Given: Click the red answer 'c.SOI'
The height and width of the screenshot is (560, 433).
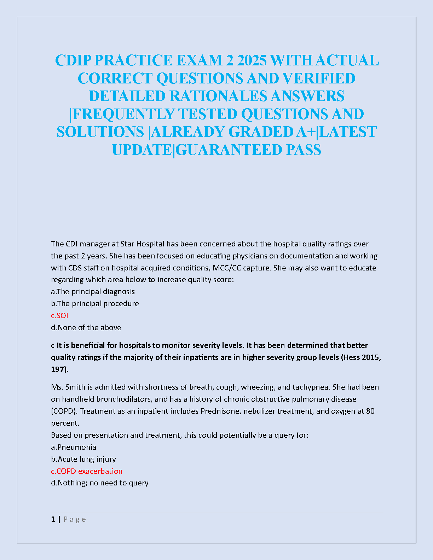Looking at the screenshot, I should pyautogui.click(x=59, y=315).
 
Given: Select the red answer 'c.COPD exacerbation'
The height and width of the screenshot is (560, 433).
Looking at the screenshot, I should pyautogui.click(x=87, y=471).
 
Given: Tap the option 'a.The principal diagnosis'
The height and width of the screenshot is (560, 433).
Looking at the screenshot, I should pyautogui.click(x=93, y=291).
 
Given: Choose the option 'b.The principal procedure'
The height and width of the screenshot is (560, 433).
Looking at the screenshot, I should pyautogui.click(x=95, y=303).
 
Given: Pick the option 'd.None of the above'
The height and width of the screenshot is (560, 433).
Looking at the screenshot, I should pyautogui.click(x=86, y=327).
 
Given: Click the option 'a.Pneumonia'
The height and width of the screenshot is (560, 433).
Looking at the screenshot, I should pyautogui.click(x=74, y=447).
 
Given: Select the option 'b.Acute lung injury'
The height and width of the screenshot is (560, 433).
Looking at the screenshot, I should pyautogui.click(x=83, y=459).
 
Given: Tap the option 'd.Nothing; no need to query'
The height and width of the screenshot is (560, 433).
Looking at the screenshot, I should pyautogui.click(x=100, y=483).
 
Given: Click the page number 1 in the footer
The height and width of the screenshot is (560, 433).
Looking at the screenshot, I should pyautogui.click(x=53, y=519).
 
